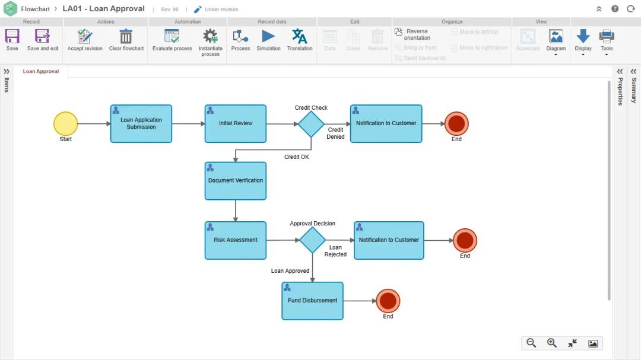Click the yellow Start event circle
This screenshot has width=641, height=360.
65,123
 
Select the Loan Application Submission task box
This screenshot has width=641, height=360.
141,124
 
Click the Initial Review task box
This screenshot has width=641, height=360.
236,124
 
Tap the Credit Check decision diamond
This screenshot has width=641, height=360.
311,124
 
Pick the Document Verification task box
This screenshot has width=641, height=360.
236,181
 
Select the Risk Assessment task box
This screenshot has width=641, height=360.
236,240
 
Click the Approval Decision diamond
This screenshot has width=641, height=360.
312,240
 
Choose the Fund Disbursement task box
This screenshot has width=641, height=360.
312,301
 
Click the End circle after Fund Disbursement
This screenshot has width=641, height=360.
388,301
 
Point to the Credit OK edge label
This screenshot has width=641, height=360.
297,157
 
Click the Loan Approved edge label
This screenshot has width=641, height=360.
290,271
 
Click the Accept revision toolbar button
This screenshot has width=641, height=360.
85,40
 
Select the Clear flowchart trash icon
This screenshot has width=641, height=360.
126,37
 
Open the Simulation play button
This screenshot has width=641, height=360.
268,37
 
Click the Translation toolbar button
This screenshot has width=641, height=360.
300,40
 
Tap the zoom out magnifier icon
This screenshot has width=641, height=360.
531,343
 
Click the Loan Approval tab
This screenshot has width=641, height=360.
41,72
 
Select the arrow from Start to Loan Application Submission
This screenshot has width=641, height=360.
94,124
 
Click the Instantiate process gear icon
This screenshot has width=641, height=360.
210,37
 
